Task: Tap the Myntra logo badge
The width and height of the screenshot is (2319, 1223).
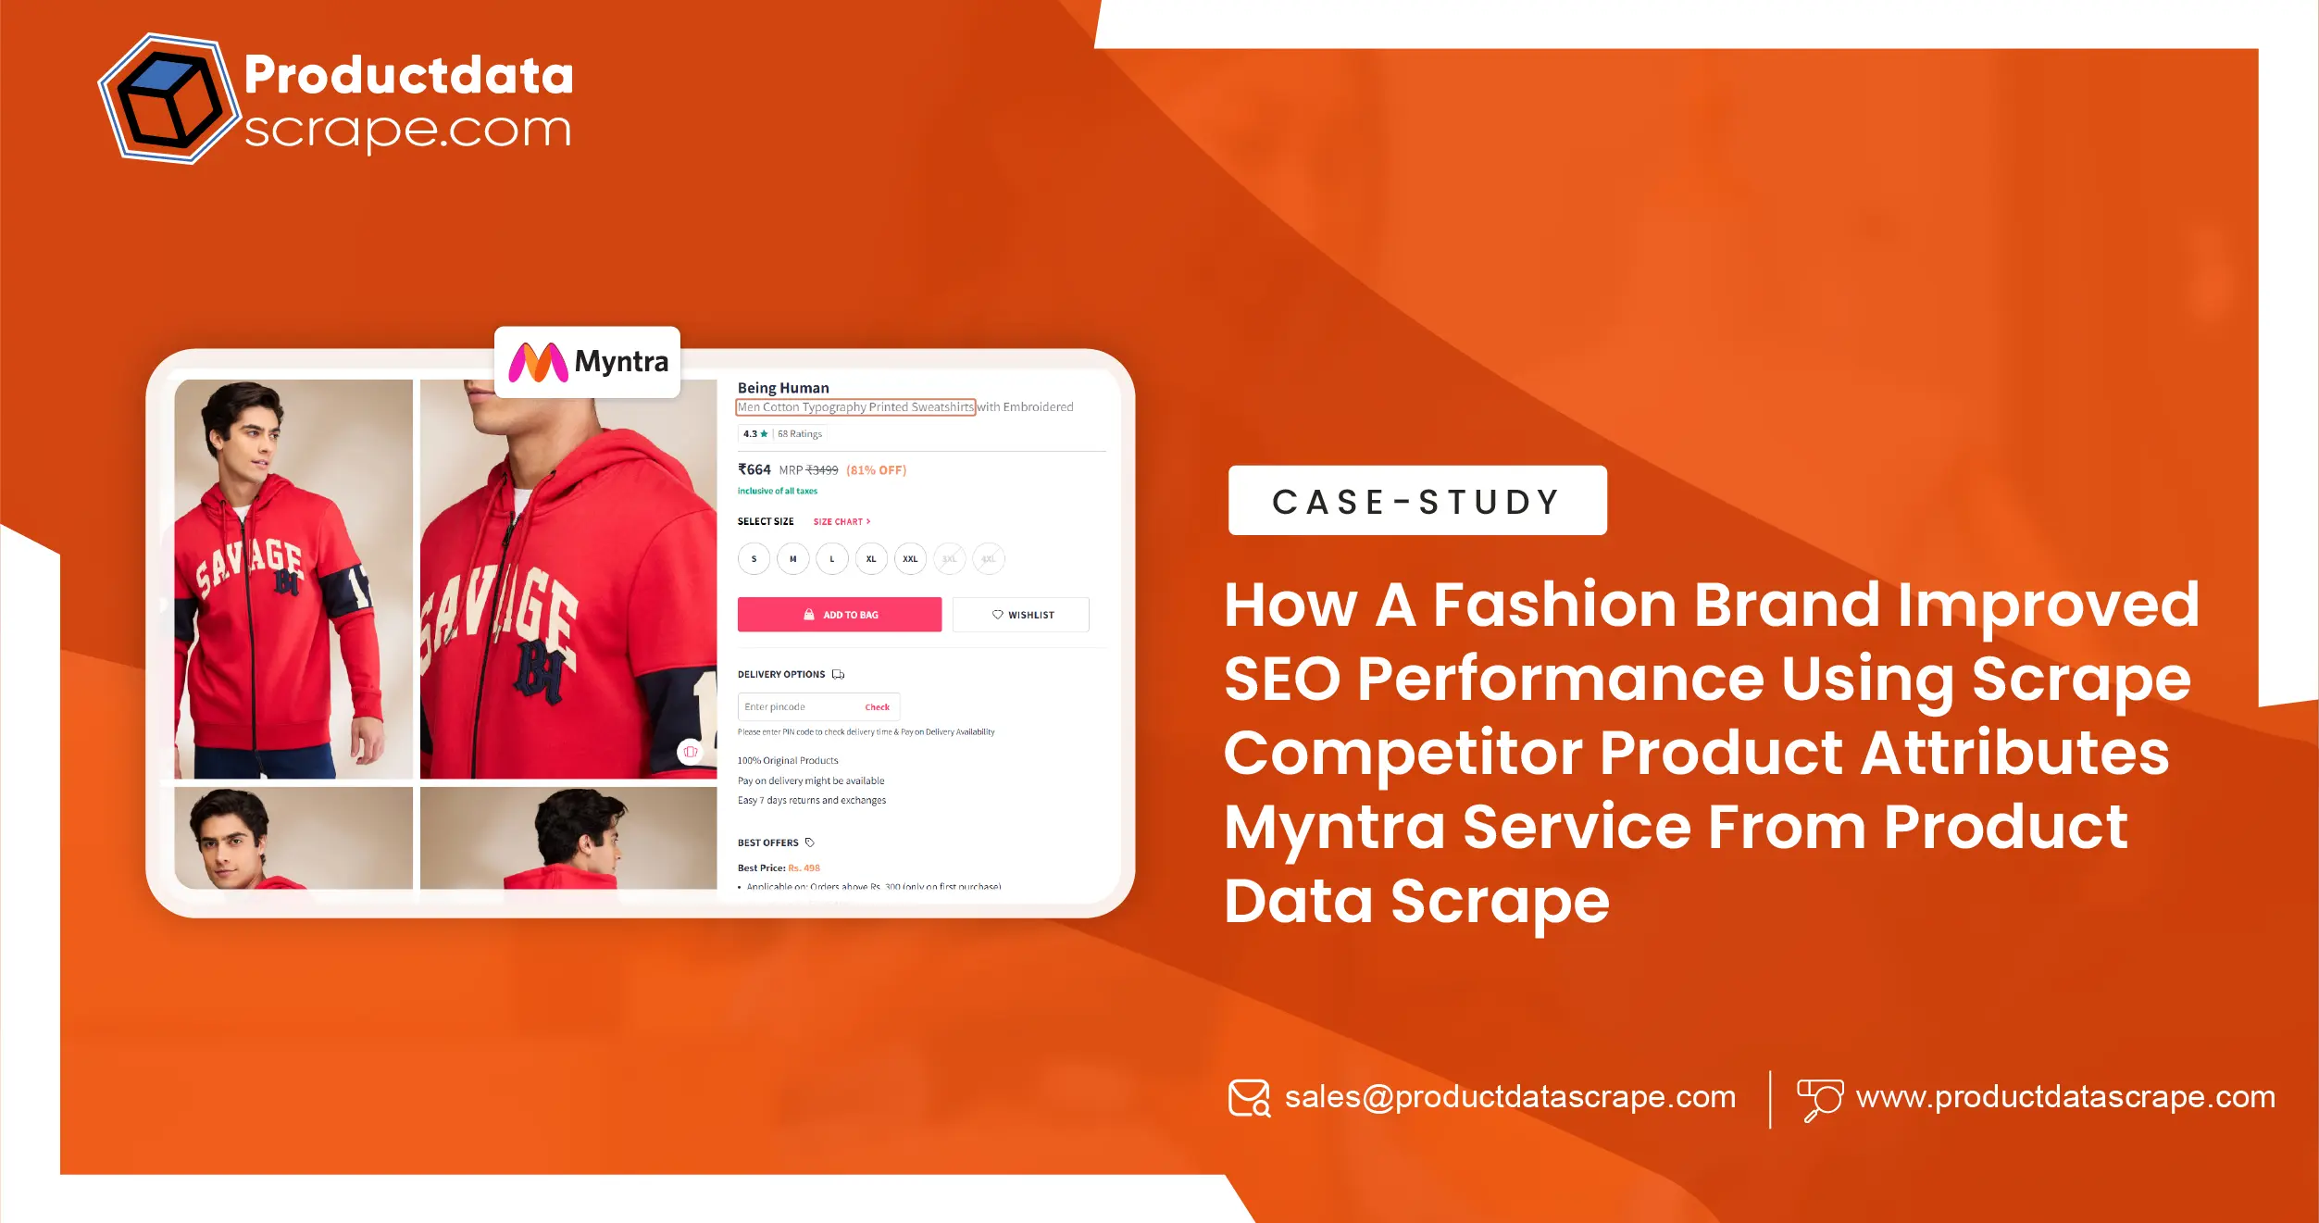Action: point(588,362)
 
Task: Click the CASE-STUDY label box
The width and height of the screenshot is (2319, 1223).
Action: point(1416,501)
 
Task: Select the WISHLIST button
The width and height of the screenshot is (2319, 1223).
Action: point(1021,615)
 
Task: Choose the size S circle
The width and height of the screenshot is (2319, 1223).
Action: point(754,559)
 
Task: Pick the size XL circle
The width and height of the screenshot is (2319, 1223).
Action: point(871,559)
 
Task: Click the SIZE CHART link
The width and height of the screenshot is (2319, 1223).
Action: point(842,522)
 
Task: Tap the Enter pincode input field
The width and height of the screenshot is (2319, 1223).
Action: point(796,707)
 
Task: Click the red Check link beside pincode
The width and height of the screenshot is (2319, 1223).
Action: point(877,707)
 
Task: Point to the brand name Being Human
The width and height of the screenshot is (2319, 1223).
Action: point(783,388)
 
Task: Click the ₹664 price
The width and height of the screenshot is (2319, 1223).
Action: point(754,470)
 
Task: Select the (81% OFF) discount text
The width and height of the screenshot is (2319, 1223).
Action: point(876,470)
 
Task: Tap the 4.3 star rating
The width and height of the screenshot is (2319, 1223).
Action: point(755,434)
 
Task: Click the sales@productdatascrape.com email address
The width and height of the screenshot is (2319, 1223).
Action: point(1509,1097)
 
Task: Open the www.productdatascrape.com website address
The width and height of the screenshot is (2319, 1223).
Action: point(2065,1097)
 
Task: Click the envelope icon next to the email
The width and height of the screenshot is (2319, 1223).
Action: point(1249,1098)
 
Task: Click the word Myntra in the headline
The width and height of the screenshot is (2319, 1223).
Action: point(1334,827)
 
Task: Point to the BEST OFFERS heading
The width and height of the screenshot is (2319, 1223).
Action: point(767,842)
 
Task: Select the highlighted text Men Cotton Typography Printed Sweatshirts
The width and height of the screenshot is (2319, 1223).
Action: point(855,407)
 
